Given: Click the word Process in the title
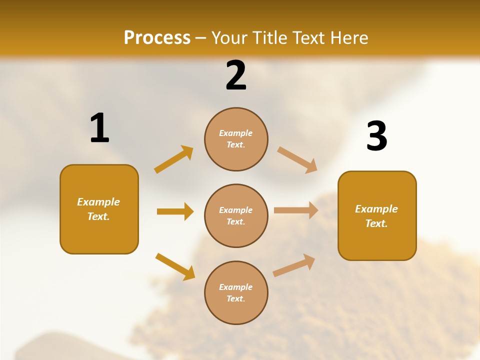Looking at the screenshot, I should point(157,38).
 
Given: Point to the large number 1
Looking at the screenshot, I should point(99,128).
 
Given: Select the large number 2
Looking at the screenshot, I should point(236,75).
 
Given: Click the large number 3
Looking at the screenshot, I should point(376,136).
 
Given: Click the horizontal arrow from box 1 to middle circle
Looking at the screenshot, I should point(175,211).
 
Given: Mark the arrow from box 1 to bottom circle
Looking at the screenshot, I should point(175,266).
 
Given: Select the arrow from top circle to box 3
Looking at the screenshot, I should point(297,159).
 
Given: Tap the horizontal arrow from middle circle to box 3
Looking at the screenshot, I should point(296,210).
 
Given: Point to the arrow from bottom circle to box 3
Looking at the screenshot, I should point(294,265).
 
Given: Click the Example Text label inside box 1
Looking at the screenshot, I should point(98,209).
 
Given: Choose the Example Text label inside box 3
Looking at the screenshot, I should point(376,216).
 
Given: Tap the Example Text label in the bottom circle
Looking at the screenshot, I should point(236,292).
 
